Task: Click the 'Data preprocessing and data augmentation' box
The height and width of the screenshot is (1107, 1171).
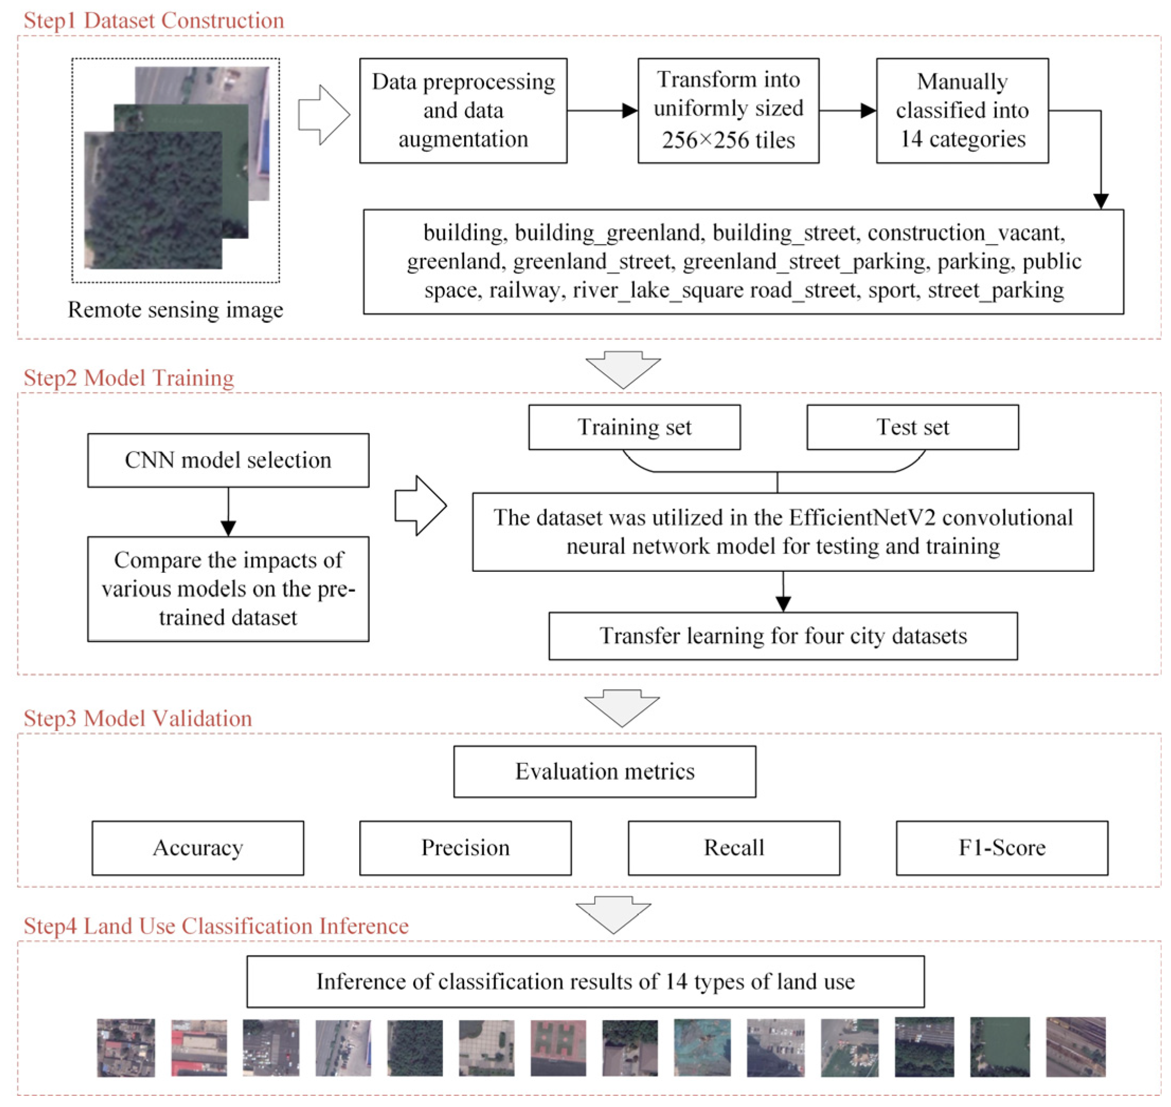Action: [x=463, y=110]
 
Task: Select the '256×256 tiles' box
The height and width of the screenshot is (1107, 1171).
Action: [x=728, y=110]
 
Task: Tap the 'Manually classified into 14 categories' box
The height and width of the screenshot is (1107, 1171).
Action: [x=962, y=110]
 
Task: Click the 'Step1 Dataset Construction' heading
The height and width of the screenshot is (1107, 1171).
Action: [x=153, y=21]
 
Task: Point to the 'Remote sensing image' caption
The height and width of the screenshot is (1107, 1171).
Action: [x=175, y=310]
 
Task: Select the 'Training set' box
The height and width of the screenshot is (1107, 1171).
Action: [x=634, y=427]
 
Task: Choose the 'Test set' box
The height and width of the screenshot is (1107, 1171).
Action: [x=913, y=427]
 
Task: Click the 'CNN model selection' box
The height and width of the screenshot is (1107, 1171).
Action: [x=228, y=460]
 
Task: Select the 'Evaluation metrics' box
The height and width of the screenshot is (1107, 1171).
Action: [x=605, y=771]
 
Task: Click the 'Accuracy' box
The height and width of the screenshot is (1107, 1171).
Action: [x=197, y=848]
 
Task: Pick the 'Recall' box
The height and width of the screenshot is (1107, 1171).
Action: [x=734, y=848]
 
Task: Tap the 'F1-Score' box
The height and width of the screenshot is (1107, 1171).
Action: [x=1002, y=848]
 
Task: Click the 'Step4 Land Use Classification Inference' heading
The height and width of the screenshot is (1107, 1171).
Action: [x=216, y=926]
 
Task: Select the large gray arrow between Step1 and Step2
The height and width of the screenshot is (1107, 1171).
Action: [x=623, y=370]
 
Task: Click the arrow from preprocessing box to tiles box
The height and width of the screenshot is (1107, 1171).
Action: [x=602, y=110]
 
